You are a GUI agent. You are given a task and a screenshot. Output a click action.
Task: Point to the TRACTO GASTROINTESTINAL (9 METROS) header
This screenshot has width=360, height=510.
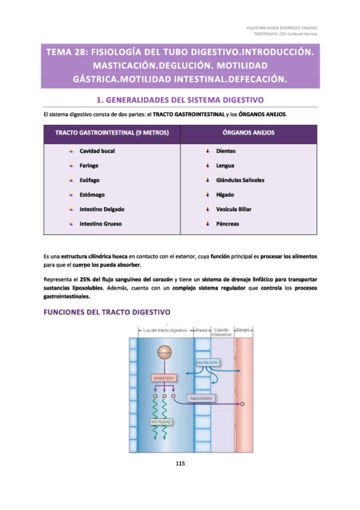tap(111, 132)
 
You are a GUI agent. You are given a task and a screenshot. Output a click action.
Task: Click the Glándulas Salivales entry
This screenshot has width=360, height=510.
tap(240, 180)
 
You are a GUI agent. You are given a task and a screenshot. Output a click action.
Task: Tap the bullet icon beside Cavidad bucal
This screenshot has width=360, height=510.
tap(70, 150)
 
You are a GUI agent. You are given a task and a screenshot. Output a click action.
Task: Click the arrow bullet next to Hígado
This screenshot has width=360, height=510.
tap(207, 194)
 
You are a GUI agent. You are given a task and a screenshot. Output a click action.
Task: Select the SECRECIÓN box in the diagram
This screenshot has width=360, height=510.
tap(206, 363)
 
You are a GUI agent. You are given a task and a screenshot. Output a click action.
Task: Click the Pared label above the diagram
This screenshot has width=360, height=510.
tap(201, 330)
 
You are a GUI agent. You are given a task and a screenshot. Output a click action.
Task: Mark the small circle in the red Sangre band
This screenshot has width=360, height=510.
tap(243, 405)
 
